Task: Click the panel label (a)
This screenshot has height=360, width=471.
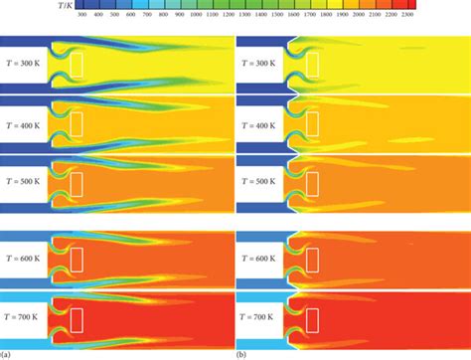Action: click(7, 353)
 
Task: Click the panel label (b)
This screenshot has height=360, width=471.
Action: click(242, 353)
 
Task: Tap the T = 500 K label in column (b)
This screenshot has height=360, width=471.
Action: click(261, 180)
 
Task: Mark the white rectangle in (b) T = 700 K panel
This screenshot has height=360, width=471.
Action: click(313, 316)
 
